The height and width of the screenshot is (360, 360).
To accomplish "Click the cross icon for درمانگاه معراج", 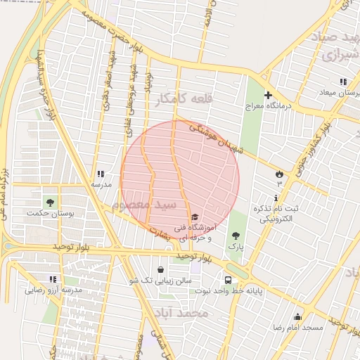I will pyautogui.click(x=267, y=95).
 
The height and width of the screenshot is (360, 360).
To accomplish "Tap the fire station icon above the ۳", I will pyautogui.click(x=279, y=173).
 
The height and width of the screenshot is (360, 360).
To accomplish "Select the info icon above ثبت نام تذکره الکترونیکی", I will pyautogui.click(x=276, y=198).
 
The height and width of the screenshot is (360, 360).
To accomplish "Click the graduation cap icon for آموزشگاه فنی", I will pyautogui.click(x=194, y=217).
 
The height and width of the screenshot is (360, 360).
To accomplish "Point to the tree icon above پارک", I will pyautogui.click(x=234, y=236).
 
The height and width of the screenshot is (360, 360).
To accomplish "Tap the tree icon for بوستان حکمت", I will pyautogui.click(x=49, y=202).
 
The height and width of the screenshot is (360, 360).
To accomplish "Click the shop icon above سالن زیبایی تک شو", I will pyautogui.click(x=161, y=269).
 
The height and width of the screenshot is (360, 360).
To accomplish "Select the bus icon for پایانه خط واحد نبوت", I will pyautogui.click(x=228, y=278).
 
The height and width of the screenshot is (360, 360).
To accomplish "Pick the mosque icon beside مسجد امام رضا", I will pyautogui.click(x=297, y=316).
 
